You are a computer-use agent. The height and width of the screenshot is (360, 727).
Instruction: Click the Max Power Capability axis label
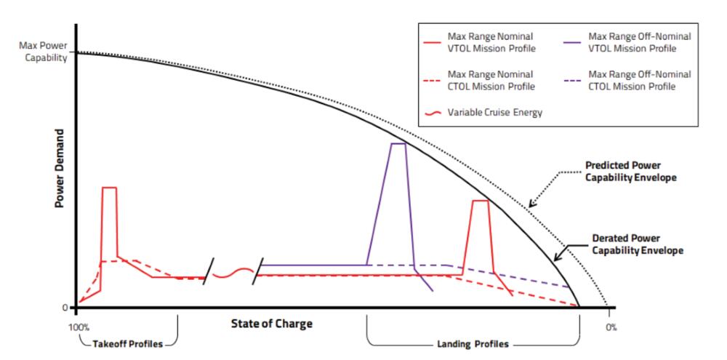(x=41, y=52)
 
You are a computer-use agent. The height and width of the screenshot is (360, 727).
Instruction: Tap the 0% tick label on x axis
(x=610, y=327)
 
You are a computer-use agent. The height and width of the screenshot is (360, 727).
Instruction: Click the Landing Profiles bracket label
(x=472, y=343)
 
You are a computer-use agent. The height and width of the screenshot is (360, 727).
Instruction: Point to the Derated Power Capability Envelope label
(x=638, y=243)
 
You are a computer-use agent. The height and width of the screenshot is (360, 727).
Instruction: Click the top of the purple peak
(x=398, y=144)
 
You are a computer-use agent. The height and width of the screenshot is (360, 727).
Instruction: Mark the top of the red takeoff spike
(x=109, y=188)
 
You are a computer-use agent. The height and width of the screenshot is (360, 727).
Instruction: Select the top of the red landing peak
(x=480, y=201)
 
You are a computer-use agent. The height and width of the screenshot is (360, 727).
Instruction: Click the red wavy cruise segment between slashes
(x=233, y=274)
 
